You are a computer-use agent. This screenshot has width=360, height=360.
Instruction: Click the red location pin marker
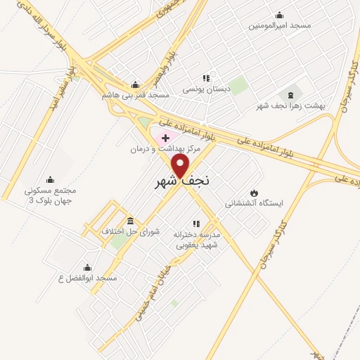point(181,165)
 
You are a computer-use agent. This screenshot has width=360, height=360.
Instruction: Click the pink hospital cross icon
point(165,138)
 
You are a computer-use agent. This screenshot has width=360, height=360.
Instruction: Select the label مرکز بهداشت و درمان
point(165,149)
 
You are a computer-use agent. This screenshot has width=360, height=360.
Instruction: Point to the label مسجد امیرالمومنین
point(280,25)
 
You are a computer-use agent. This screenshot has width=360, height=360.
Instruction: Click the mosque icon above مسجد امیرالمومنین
point(280,15)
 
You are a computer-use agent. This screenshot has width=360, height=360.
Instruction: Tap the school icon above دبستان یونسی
point(206,79)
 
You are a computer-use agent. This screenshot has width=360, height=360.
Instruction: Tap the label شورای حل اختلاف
point(131,231)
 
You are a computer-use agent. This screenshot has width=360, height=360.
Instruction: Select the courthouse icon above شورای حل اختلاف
point(131,220)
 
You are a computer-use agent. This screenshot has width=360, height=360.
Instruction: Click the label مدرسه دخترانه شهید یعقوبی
point(197,239)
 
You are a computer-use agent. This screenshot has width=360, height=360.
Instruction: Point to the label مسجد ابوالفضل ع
point(87,278)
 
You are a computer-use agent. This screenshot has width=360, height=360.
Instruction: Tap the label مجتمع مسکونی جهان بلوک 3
point(50,195)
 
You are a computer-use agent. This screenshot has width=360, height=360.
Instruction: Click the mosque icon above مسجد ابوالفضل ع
point(87,267)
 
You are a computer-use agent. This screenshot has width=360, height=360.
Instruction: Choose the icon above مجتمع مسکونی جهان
point(49,179)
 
